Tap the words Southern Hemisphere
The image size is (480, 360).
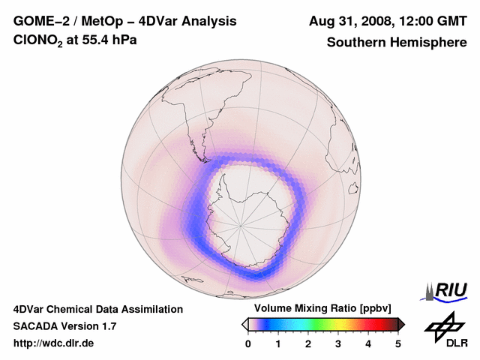tap(397, 42)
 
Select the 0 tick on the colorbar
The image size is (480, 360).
tap(248, 343)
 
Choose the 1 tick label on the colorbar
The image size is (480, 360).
tap(278, 343)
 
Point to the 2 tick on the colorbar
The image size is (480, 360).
tap(308, 343)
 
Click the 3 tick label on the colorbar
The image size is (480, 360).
tap(338, 343)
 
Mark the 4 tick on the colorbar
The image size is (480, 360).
tap(368, 343)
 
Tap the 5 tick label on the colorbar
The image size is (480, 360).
tap(398, 343)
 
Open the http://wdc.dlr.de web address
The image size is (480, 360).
tap(54, 343)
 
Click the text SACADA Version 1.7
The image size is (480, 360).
tap(64, 326)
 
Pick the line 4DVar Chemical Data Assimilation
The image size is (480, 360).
tap(98, 309)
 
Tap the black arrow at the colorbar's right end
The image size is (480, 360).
tap(401, 324)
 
